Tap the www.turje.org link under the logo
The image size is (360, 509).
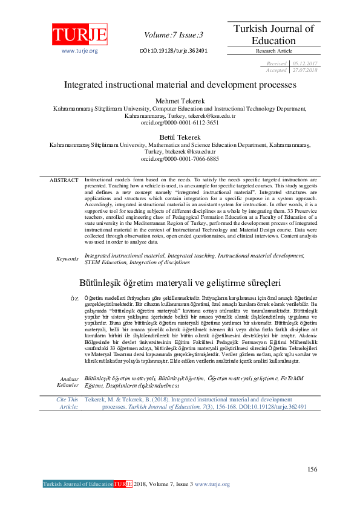pyautogui.click(x=79, y=51)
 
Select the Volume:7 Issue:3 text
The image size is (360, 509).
pyautogui.click(x=174, y=35)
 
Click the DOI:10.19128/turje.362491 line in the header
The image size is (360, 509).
pyautogui.click(x=174, y=51)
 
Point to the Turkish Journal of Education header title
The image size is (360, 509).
pyautogui.click(x=274, y=34)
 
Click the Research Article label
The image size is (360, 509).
pyautogui.click(x=274, y=51)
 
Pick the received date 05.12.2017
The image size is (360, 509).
pyautogui.click(x=304, y=63)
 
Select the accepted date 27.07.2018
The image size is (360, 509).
pyautogui.click(x=304, y=70)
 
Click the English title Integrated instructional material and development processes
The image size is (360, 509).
pyautogui.click(x=180, y=85)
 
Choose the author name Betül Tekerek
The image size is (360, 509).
pyautogui.click(x=180, y=138)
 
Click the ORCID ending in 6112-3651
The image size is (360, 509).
pyautogui.click(x=180, y=122)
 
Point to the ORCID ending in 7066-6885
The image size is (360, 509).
pyautogui.click(x=180, y=158)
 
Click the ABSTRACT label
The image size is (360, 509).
pyautogui.click(x=64, y=180)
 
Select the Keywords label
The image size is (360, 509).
pyautogui.click(x=67, y=259)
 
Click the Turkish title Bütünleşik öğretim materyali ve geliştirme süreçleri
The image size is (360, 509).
pyautogui.click(x=180, y=282)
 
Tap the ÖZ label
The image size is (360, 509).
pyautogui.click(x=74, y=299)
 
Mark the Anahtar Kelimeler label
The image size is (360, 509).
pyautogui.click(x=67, y=381)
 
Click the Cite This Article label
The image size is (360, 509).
pyautogui.click(x=67, y=404)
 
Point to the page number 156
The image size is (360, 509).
pyautogui.click(x=312, y=469)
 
